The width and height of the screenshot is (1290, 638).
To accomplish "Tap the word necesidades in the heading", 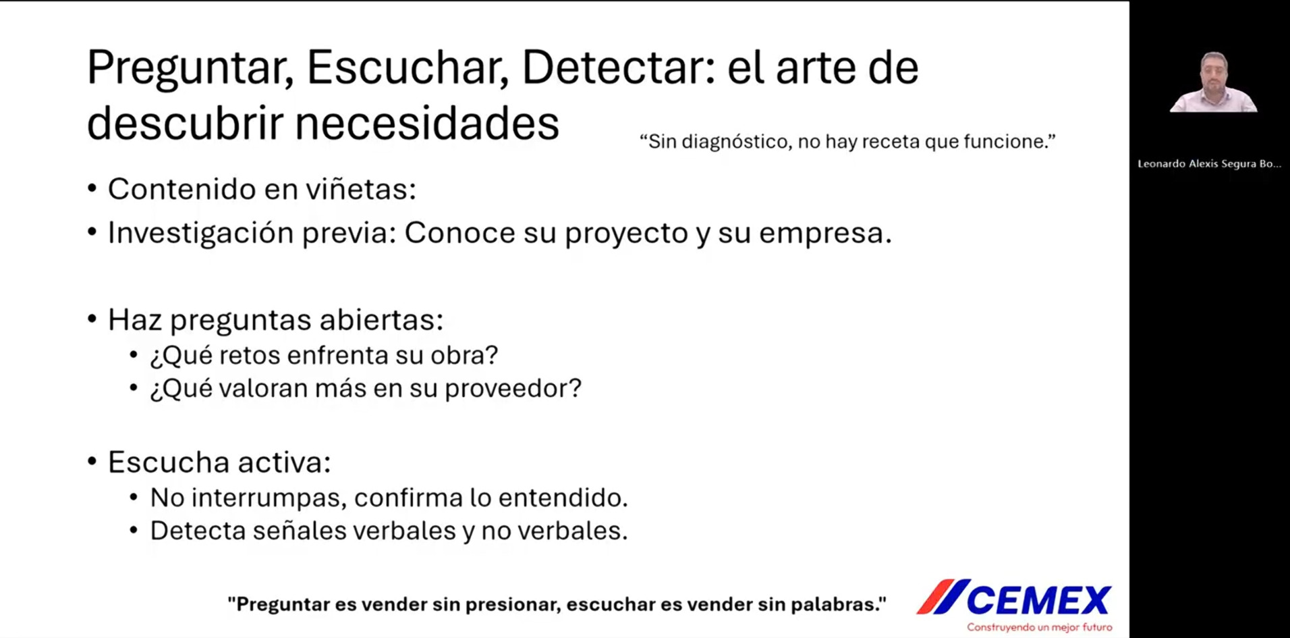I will coord(427,124).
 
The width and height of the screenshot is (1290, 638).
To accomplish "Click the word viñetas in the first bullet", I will coord(360,189).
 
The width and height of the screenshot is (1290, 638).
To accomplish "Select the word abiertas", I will coord(381,319).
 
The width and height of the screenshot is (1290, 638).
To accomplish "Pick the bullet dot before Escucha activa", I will coord(92,462).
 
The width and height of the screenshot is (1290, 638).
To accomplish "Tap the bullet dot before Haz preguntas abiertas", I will coord(92,319).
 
